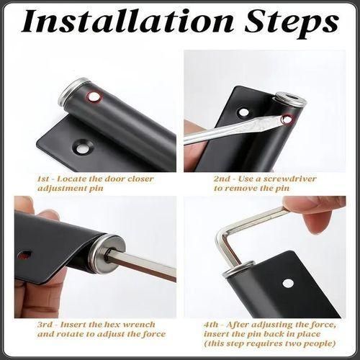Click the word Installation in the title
(x=127, y=21)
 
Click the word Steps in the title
(x=292, y=24)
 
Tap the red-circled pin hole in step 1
(x=94, y=97)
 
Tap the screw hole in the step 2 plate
(x=243, y=112)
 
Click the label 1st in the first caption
(x=44, y=179)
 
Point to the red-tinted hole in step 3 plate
(x=25, y=255)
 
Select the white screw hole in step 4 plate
(x=288, y=284)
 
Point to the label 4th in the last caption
(x=211, y=325)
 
